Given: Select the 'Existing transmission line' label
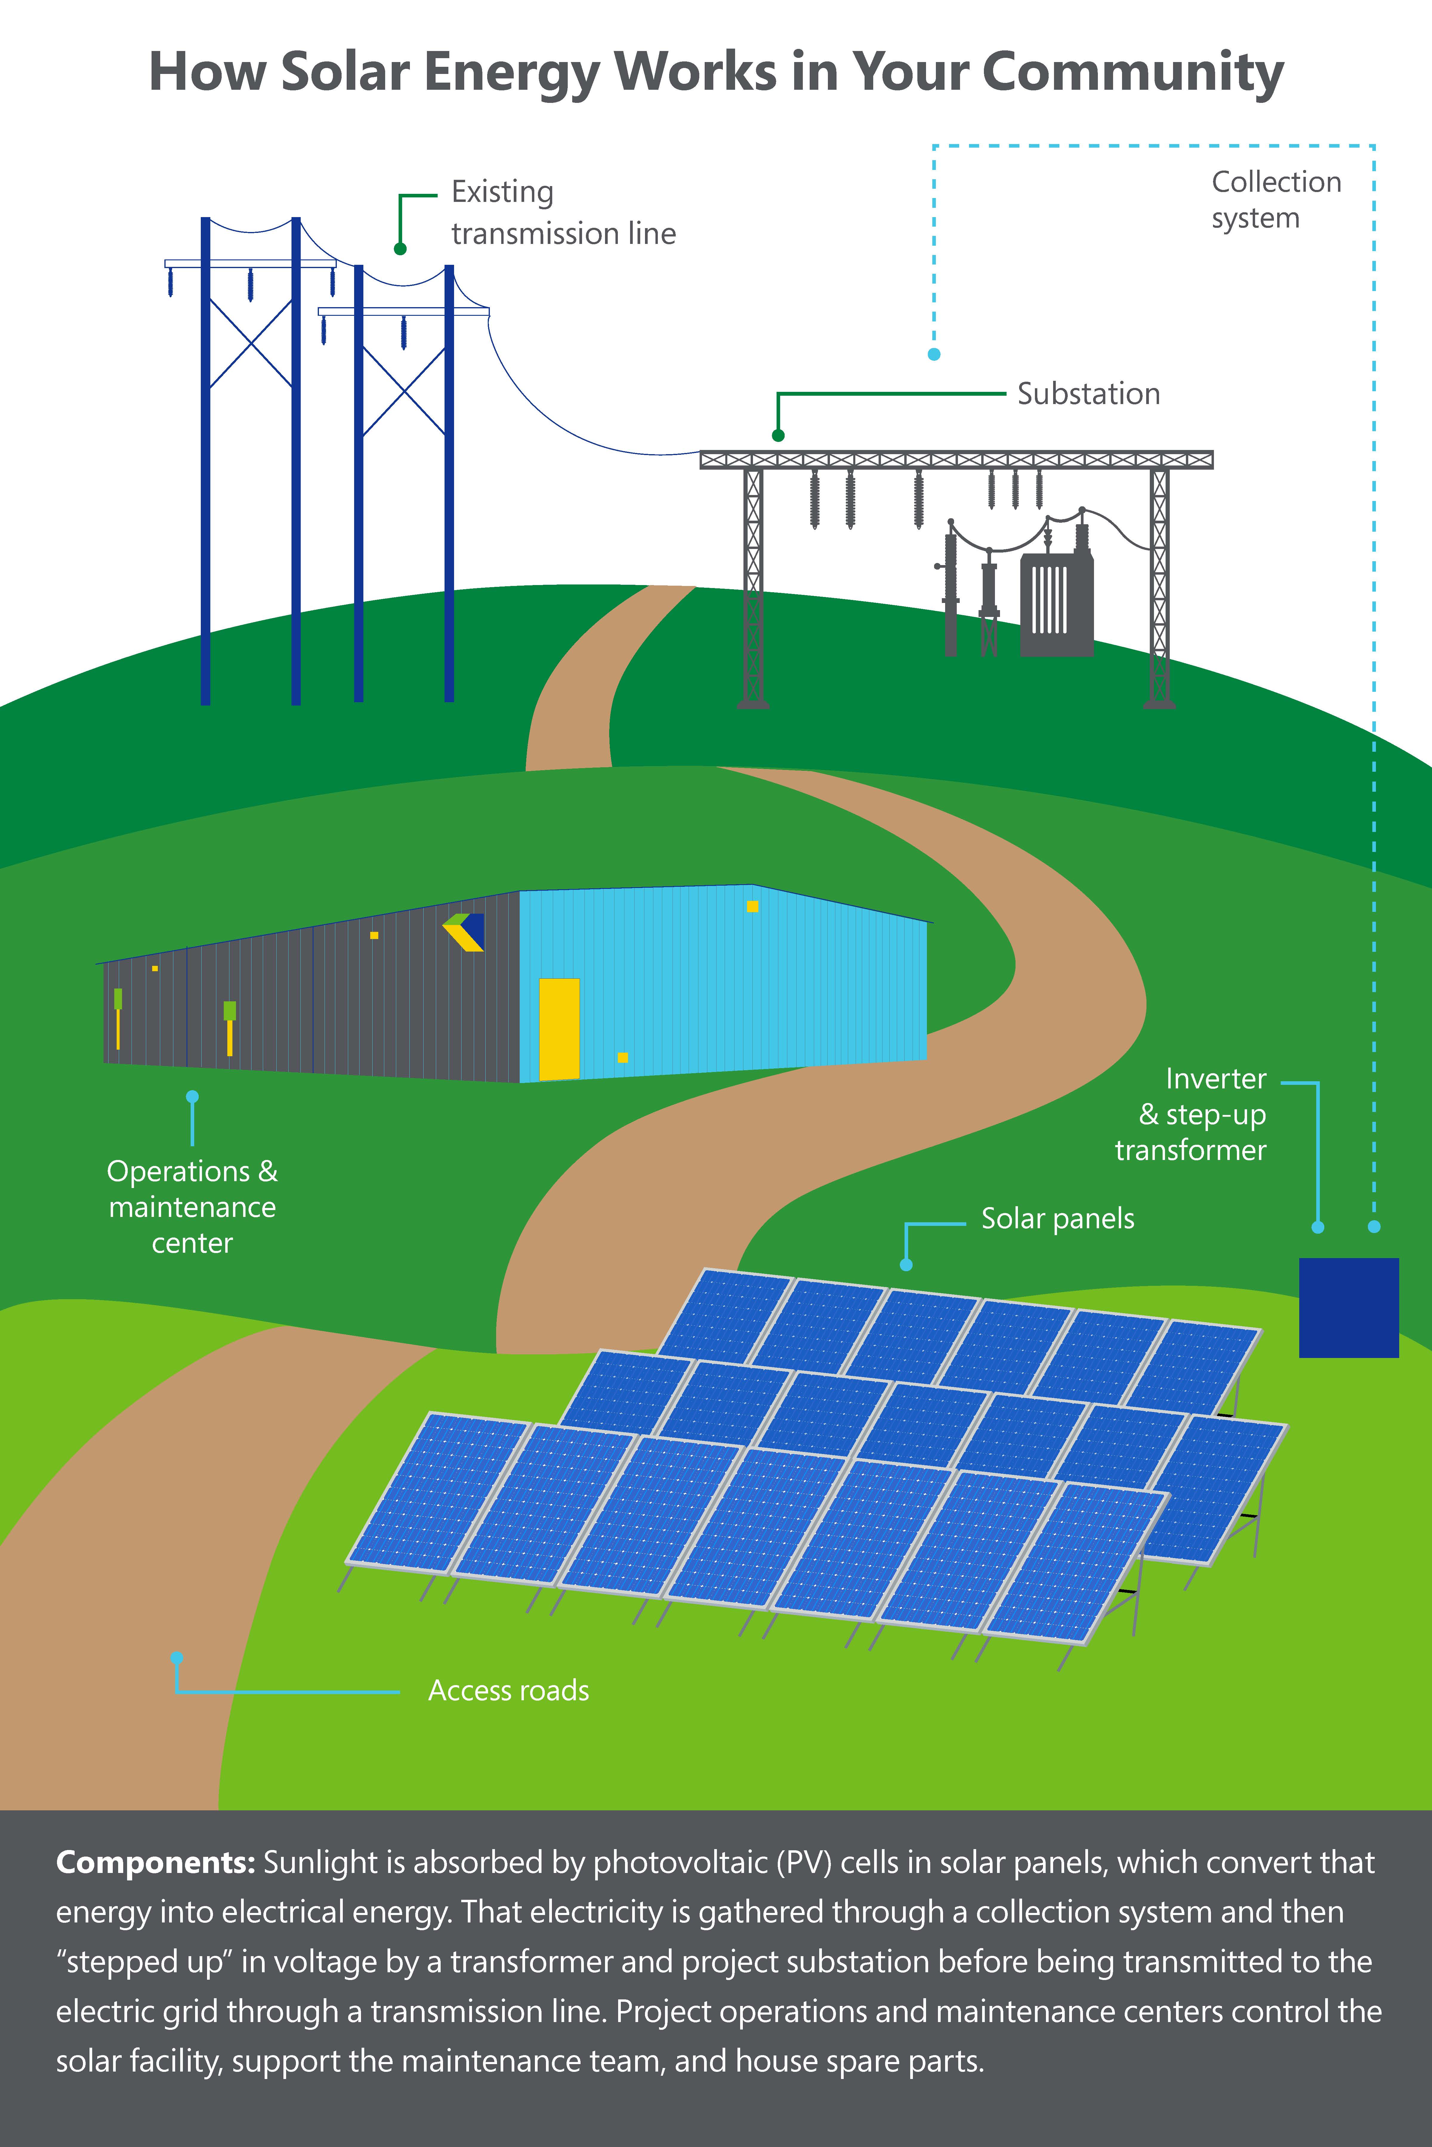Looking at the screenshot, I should pyautogui.click(x=563, y=213).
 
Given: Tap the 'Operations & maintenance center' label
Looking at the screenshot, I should pyautogui.click(x=192, y=1207).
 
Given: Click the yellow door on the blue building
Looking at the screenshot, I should pyautogui.click(x=559, y=1029).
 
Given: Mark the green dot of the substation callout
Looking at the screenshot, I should pyautogui.click(x=778, y=435).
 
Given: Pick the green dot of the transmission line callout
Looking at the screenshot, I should pyautogui.click(x=400, y=248).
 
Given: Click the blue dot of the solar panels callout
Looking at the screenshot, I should pyautogui.click(x=906, y=1264).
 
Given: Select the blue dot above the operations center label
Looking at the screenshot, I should pyautogui.click(x=192, y=1096).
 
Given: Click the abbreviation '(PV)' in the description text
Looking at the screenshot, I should pyautogui.click(x=804, y=1862).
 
